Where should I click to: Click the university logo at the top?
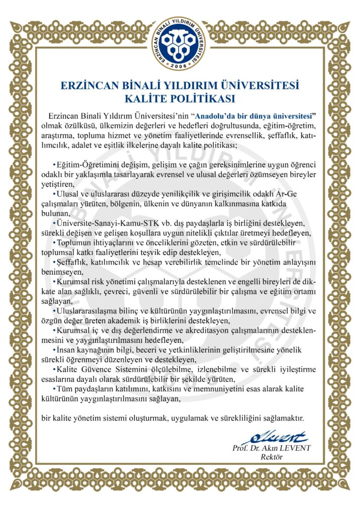(x=180, y=43)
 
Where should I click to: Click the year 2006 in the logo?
(x=180, y=66)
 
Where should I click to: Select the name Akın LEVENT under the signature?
(x=289, y=448)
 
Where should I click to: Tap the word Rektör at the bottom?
(x=272, y=457)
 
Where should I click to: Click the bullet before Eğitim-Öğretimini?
(x=54, y=165)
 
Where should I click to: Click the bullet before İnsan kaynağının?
(x=54, y=350)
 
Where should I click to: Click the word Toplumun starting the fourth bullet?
(x=75, y=243)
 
